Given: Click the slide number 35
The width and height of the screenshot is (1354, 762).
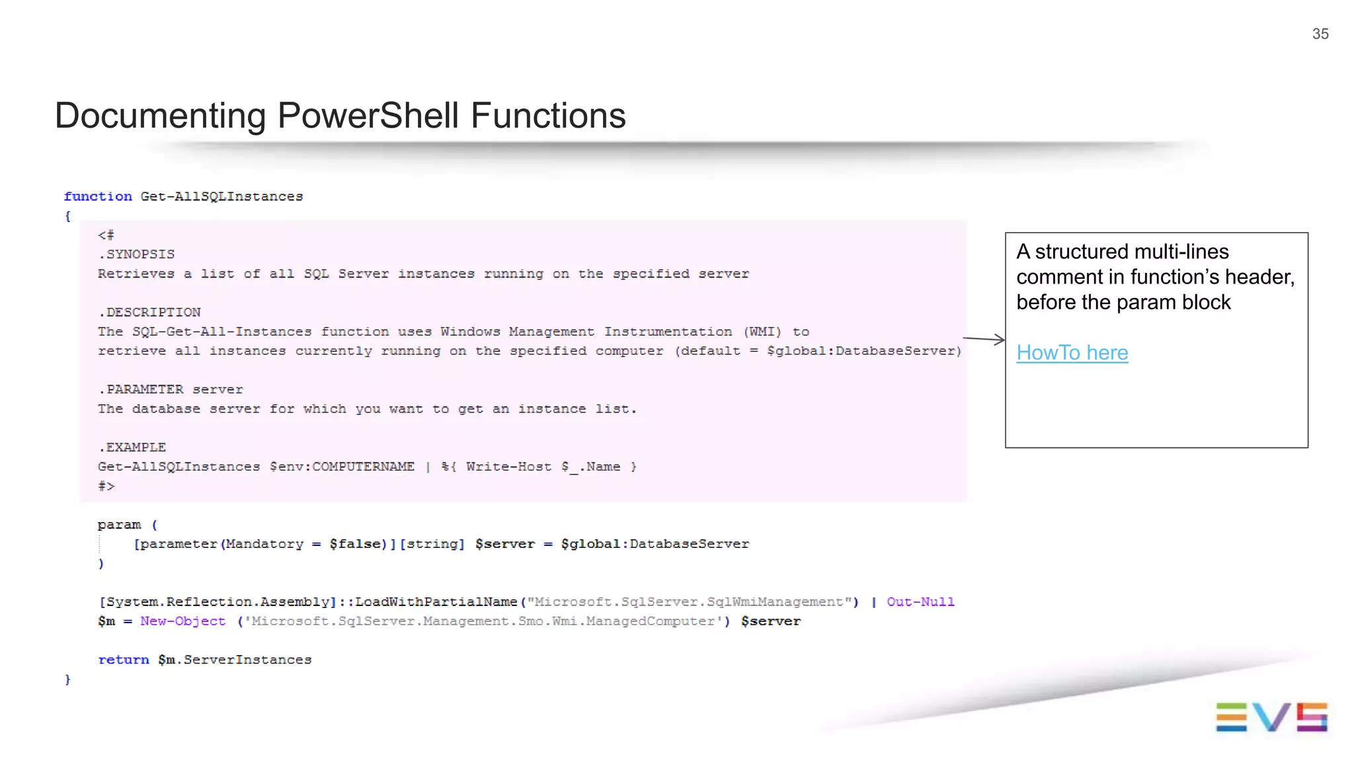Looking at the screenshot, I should click(x=1320, y=34).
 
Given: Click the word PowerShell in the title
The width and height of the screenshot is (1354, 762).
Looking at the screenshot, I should click(x=368, y=116).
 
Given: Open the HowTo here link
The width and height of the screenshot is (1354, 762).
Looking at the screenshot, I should click(x=1072, y=353).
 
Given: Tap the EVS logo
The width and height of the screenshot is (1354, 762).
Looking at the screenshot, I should click(x=1271, y=717).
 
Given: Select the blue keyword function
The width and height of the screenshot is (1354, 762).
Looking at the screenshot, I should click(x=98, y=196).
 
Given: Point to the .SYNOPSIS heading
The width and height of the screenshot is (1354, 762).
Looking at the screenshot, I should click(x=136, y=254).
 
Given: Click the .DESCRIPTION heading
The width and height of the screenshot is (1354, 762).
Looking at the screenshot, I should click(x=149, y=312).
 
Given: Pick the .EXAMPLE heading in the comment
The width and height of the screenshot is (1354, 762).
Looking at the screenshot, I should click(x=132, y=447).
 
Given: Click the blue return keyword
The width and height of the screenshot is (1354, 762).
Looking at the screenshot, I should click(x=123, y=660).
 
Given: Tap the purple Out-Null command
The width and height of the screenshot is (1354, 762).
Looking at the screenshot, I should click(x=920, y=602).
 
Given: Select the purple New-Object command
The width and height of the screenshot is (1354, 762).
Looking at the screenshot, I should click(x=182, y=621).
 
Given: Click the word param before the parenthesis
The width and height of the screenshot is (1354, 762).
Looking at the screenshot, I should click(x=119, y=525).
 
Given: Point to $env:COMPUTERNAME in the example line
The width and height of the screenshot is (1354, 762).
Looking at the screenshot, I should click(x=342, y=467).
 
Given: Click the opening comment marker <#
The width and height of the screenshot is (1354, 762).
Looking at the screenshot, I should click(x=106, y=235).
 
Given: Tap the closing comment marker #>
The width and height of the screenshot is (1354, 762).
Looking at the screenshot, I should click(x=106, y=486).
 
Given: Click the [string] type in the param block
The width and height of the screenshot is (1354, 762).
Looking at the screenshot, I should click(x=432, y=544).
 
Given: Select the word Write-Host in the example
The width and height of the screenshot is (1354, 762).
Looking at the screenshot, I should click(x=508, y=467).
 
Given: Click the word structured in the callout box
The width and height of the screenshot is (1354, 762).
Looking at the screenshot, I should click(x=1081, y=252).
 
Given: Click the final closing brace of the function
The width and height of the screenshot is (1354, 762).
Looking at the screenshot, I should click(x=67, y=679).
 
